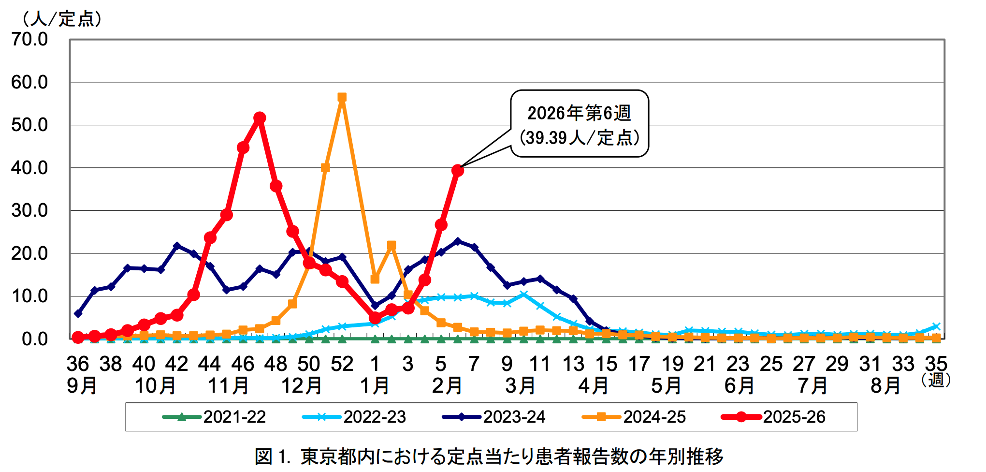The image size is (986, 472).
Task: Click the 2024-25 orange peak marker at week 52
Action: coord(342,98)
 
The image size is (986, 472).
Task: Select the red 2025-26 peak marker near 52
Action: coord(260,118)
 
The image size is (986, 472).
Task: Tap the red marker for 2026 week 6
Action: coord(457,170)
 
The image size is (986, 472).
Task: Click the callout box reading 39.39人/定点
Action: coord(580,124)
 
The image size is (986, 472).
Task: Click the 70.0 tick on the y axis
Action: coord(30,39)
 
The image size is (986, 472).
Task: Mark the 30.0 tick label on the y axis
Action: coord(30,210)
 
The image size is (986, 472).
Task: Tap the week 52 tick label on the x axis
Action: coord(342,364)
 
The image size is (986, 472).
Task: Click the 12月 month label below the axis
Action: coord(302,386)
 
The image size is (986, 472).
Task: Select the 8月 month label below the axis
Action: coord(886,386)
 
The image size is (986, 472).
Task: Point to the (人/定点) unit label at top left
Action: coord(61,19)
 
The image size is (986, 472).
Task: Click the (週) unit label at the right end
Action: coord(936,380)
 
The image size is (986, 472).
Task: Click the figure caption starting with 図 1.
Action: coord(489,456)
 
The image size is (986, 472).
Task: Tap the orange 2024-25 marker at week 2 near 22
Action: coord(391,246)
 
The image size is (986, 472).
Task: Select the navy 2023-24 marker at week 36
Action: coord(78,313)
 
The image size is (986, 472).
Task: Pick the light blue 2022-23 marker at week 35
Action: coord(936,326)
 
